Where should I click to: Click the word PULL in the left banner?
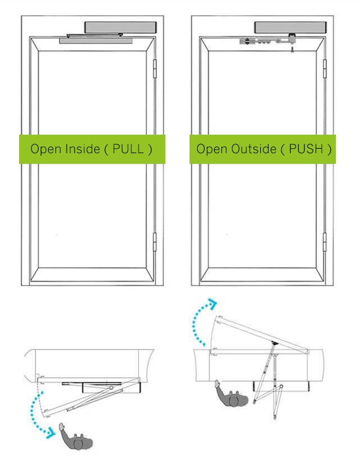pyautogui.click(x=128, y=149)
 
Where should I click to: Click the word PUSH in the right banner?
pyautogui.click(x=306, y=149)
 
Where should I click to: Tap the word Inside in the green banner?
pyautogui.click(x=82, y=149)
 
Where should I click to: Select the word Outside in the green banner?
pyautogui.click(x=253, y=149)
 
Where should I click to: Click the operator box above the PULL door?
pyautogui.click(x=121, y=27)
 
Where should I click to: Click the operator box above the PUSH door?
pyautogui.click(x=290, y=27)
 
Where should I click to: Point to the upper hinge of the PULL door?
pyautogui.click(x=155, y=68)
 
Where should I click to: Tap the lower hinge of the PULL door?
pyautogui.click(x=155, y=242)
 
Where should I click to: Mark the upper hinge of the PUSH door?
pyautogui.click(x=325, y=68)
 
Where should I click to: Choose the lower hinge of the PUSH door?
pyautogui.click(x=325, y=242)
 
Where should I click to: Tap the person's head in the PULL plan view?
pyautogui.click(x=78, y=443)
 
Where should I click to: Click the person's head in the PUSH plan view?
pyautogui.click(x=234, y=401)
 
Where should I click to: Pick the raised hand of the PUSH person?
pyautogui.click(x=217, y=384)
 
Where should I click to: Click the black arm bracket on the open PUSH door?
pyautogui.click(x=274, y=343)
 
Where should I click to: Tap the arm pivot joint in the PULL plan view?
pyautogui.click(x=111, y=388)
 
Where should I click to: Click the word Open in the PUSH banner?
pyautogui.click(x=212, y=149)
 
